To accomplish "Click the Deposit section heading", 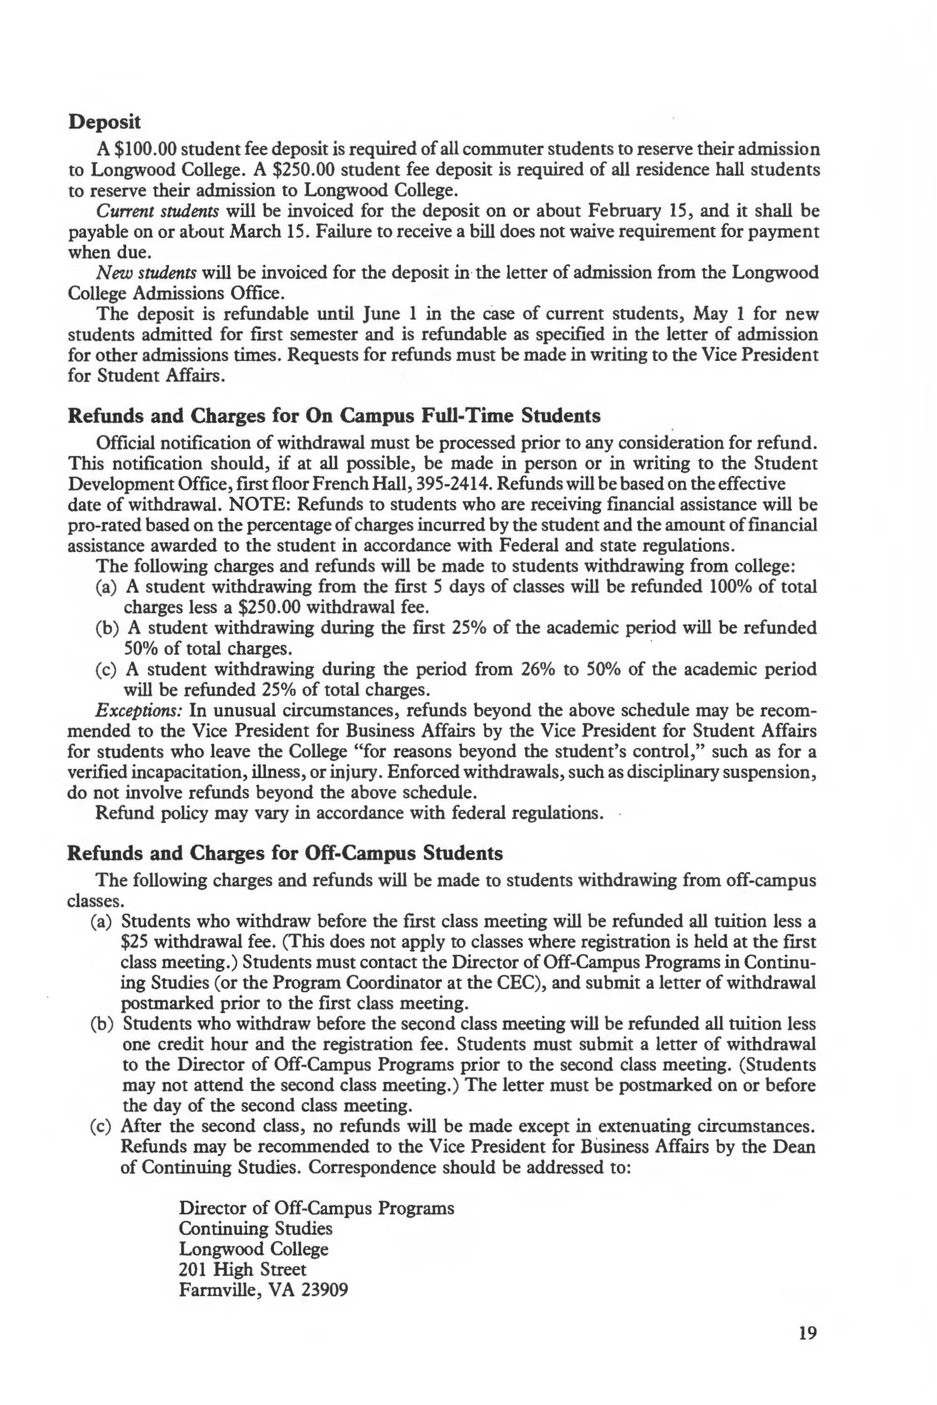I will [x=105, y=122].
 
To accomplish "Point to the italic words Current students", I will [x=157, y=211].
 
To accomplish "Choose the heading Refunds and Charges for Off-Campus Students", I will [x=285, y=853].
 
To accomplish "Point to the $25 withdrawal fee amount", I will [x=135, y=942].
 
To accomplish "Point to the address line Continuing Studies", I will [x=255, y=1229].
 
